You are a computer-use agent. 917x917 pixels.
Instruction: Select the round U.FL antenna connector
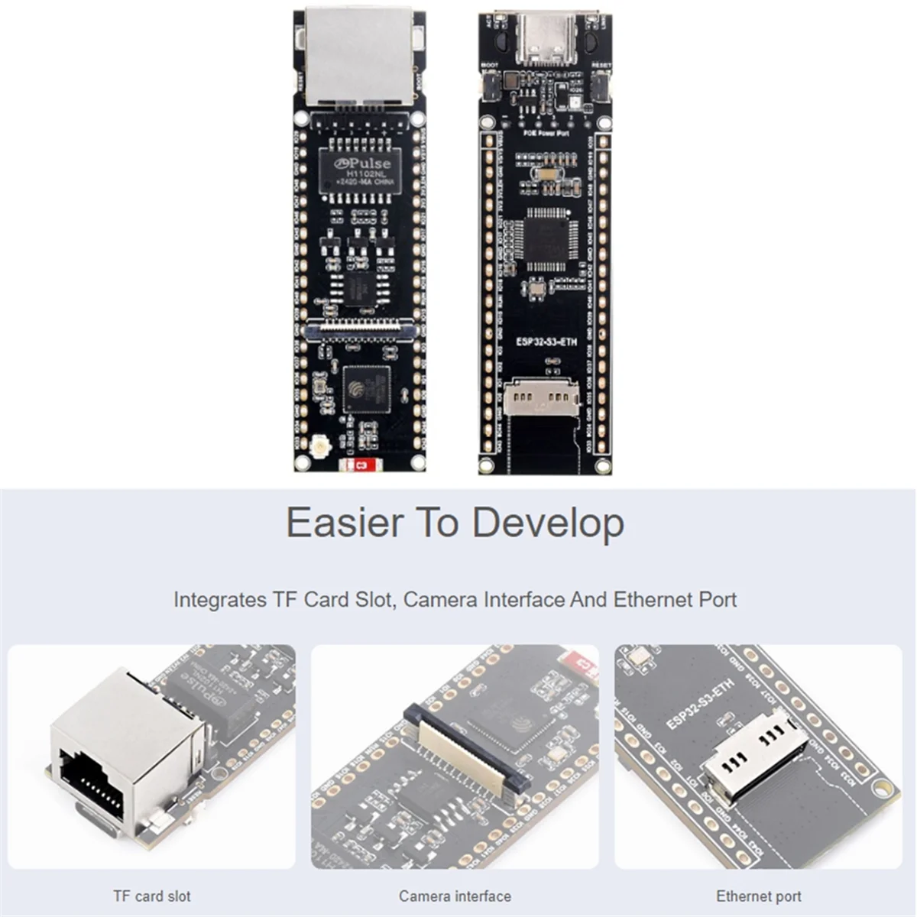click(318, 446)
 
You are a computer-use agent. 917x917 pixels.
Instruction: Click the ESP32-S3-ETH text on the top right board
click(546, 342)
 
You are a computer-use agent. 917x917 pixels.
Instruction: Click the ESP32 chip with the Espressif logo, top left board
click(366, 389)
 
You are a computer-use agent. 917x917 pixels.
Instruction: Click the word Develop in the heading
click(548, 523)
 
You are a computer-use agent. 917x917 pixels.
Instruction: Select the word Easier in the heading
click(344, 523)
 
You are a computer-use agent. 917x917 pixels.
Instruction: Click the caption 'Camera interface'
click(455, 896)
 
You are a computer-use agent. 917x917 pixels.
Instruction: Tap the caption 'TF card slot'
click(152, 896)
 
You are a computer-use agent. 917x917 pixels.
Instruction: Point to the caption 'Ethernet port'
click(758, 896)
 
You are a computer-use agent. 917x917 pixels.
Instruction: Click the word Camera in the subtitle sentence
click(441, 599)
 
